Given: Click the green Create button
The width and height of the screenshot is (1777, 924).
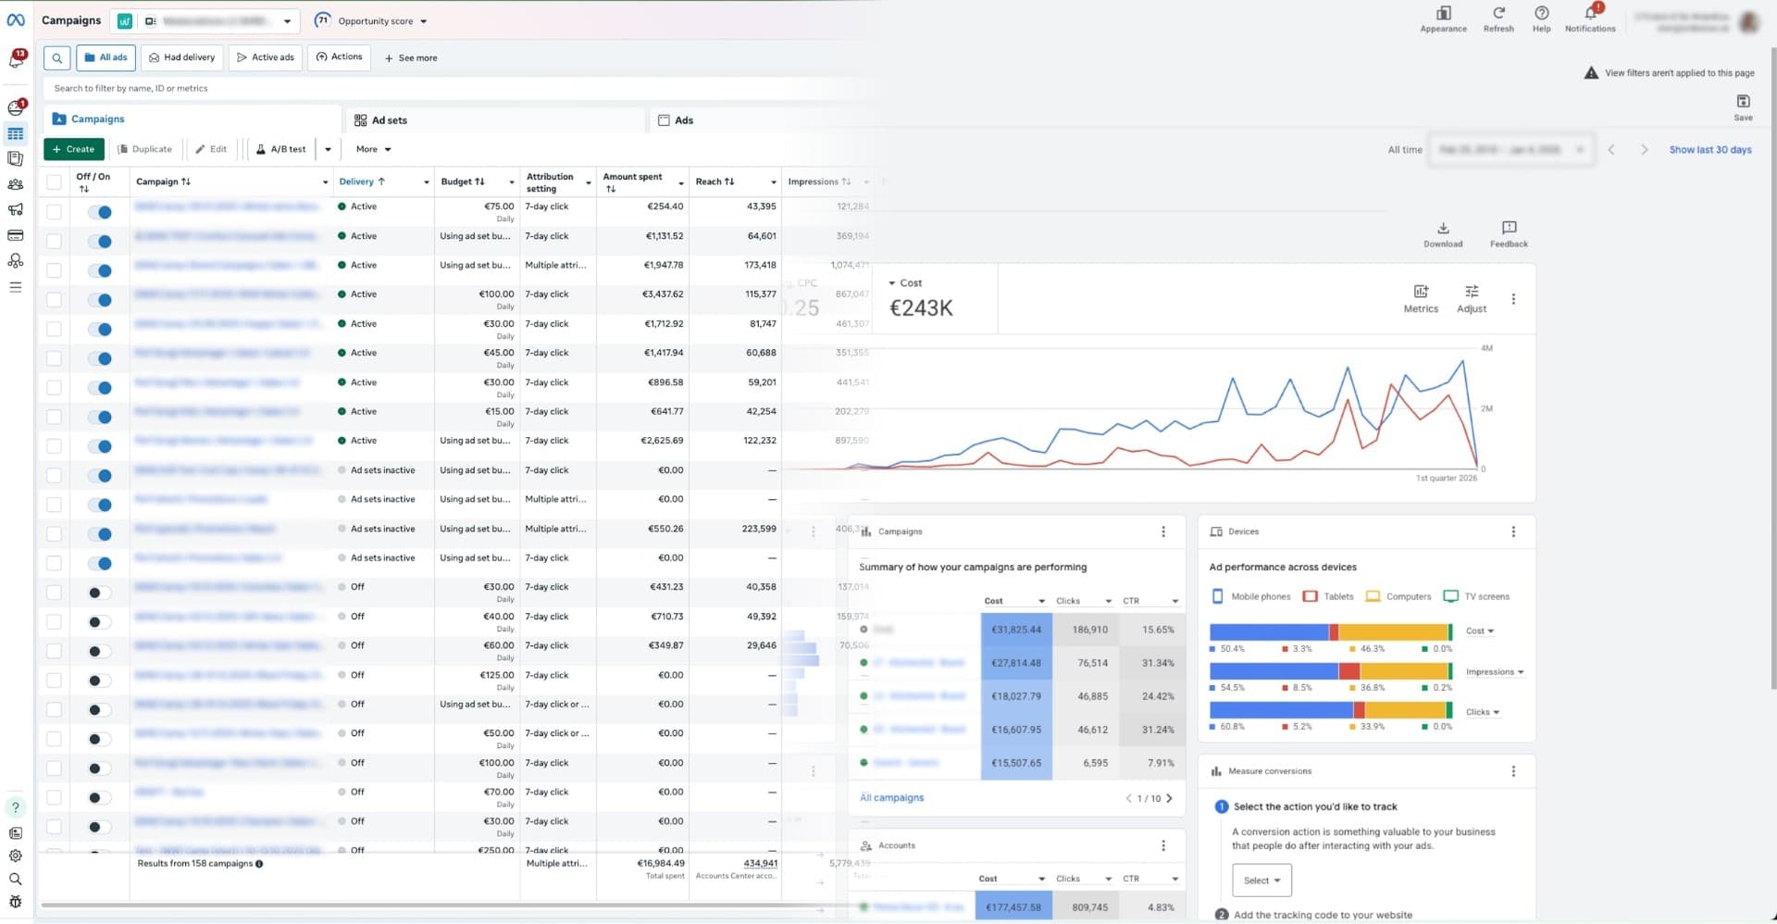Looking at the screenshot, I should point(73,149).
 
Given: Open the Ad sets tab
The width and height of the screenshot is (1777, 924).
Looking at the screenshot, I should point(389,120).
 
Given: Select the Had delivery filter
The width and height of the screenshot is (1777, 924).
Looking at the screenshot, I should point(182,57).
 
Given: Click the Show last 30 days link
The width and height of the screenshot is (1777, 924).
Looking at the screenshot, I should point(1709,150).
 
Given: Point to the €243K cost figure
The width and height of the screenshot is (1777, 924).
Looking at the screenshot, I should point(921,308).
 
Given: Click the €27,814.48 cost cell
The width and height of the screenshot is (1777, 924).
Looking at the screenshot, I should point(1015,663).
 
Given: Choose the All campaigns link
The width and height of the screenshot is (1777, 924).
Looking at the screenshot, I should point(891,797).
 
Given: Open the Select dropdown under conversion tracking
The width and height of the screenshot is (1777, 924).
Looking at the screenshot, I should point(1261,880).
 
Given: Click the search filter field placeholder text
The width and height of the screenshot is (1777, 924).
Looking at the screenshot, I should point(131,89).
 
